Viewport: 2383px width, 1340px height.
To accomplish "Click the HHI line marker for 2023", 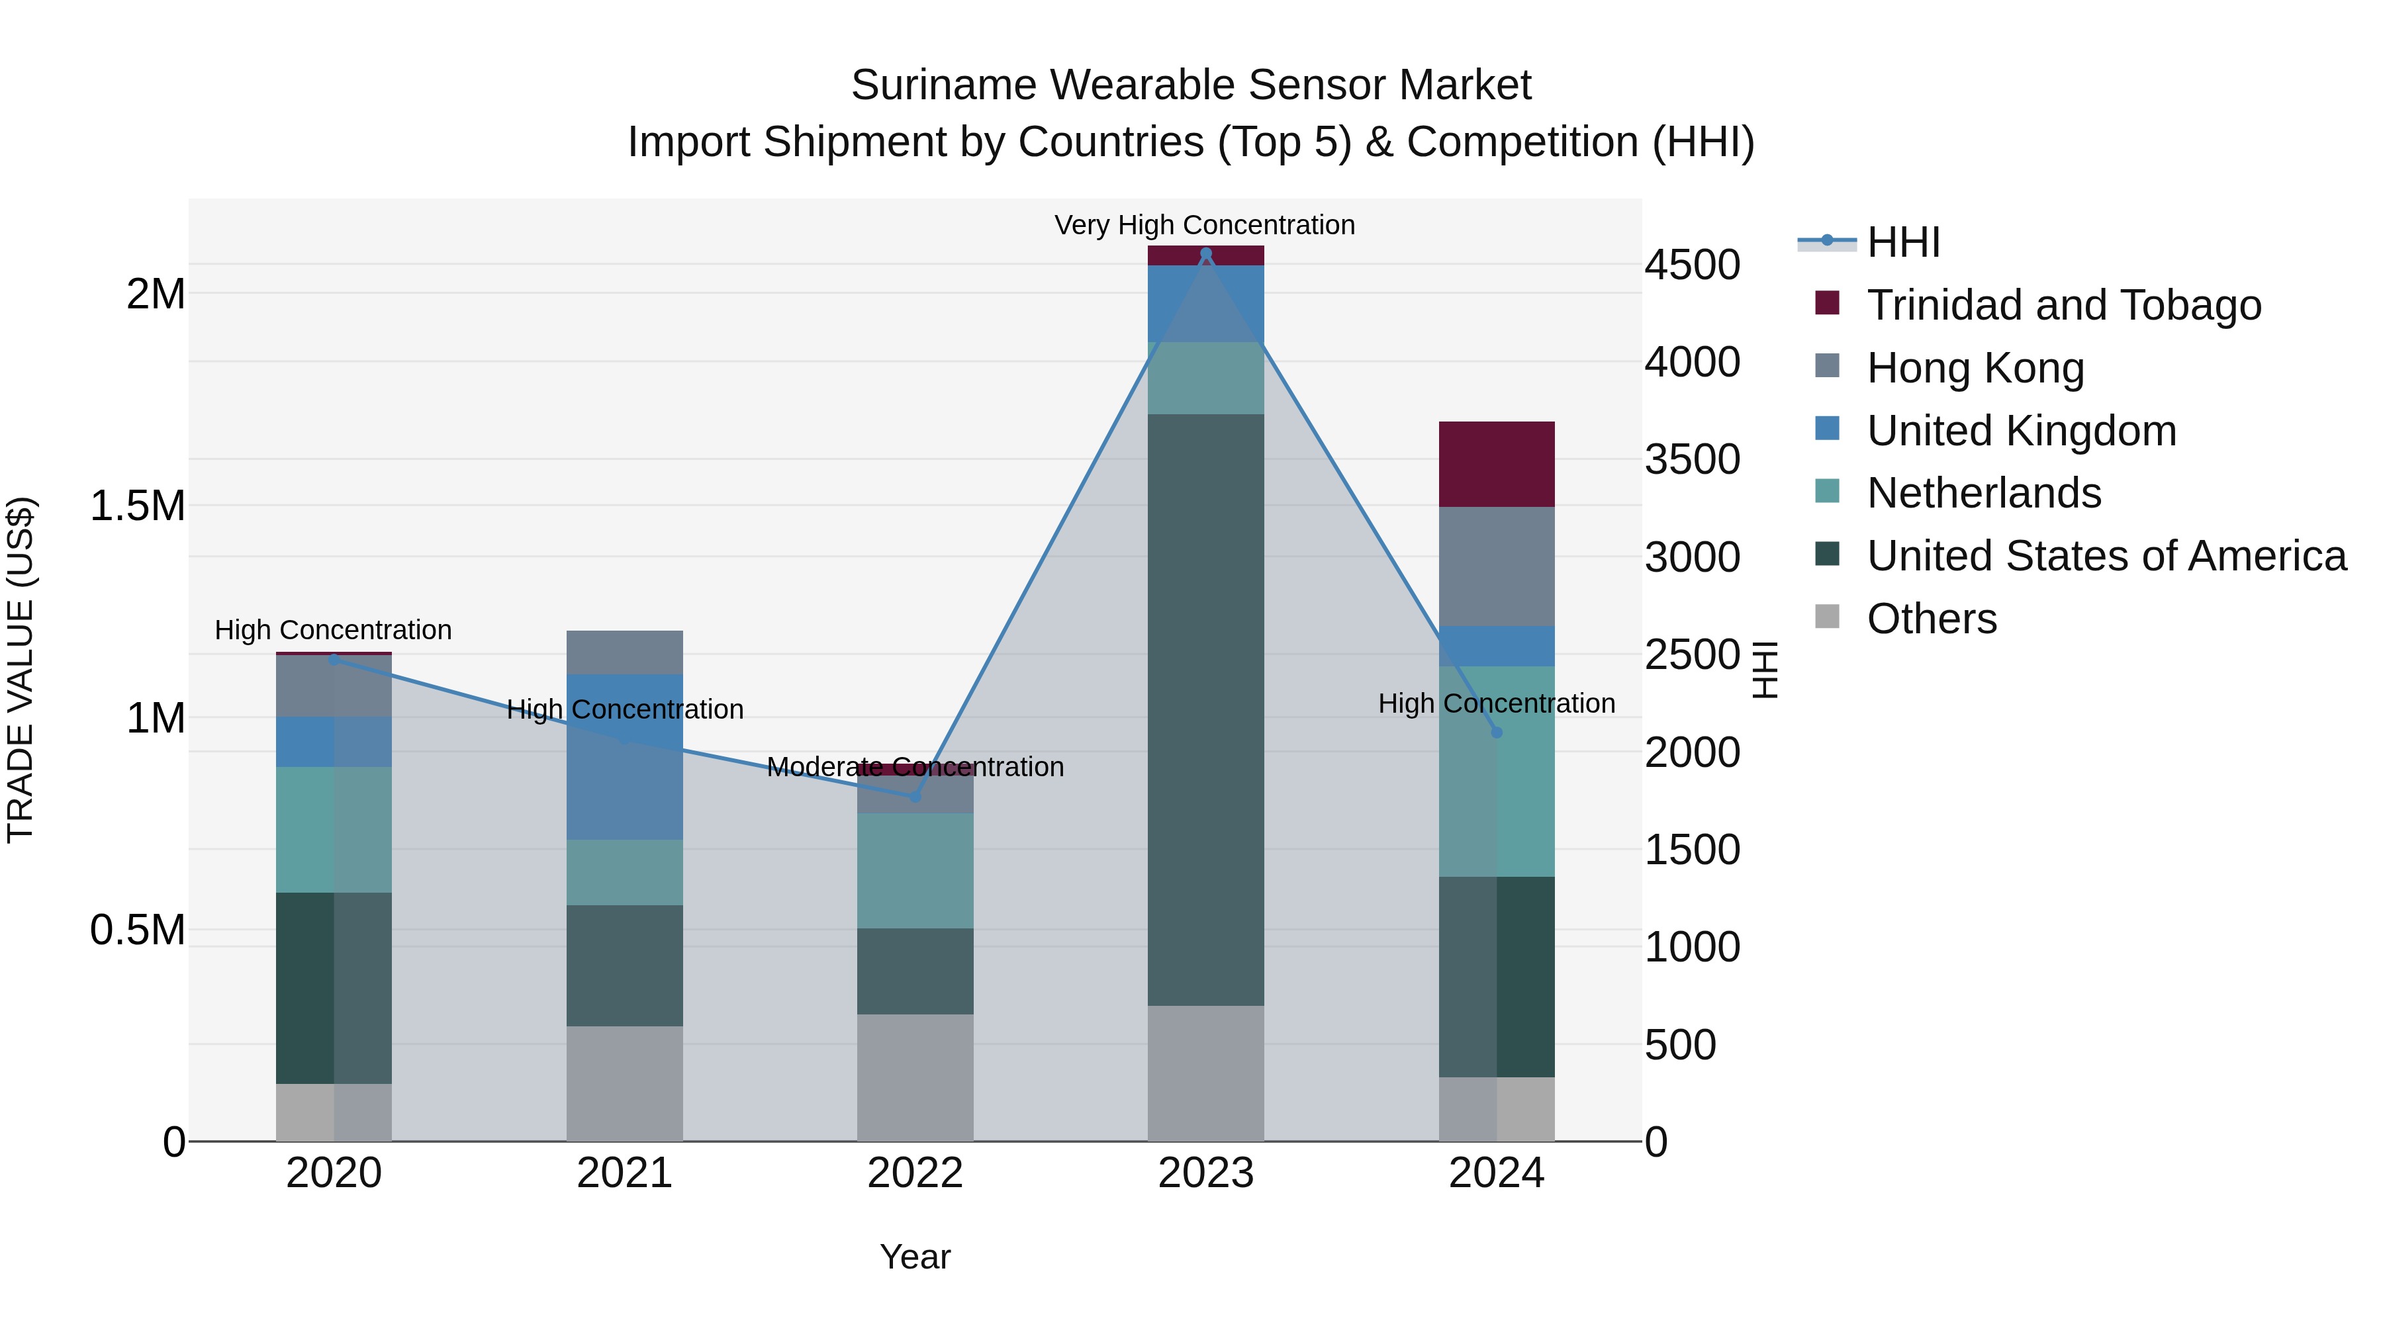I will (1205, 253).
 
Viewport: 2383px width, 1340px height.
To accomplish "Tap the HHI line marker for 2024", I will (1497, 733).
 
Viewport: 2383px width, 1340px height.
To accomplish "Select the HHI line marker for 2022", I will (915, 796).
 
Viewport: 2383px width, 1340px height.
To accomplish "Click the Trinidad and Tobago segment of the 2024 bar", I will (1497, 465).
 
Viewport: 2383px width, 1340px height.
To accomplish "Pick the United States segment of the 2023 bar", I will (1205, 709).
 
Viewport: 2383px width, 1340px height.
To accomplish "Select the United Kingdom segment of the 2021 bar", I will (624, 756).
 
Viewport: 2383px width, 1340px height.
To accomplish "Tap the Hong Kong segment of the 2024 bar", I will (1497, 566).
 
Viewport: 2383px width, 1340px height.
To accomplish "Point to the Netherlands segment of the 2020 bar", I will (334, 830).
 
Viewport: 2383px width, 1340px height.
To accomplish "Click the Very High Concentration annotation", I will (1205, 225).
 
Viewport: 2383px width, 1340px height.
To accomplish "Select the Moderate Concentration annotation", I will (915, 767).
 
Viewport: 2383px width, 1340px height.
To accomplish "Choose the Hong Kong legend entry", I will (1975, 367).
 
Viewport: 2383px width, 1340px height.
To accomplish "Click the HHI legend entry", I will (1903, 242).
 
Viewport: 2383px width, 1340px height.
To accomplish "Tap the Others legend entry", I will (1932, 619).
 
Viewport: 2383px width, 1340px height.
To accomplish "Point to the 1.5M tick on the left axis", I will (137, 506).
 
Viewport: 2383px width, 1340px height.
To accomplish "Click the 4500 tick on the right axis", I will (1692, 265).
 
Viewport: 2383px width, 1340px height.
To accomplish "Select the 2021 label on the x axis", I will (624, 1173).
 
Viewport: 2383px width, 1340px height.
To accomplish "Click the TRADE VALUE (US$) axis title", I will (21, 670).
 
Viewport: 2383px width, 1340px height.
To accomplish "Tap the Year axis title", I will (915, 1257).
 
